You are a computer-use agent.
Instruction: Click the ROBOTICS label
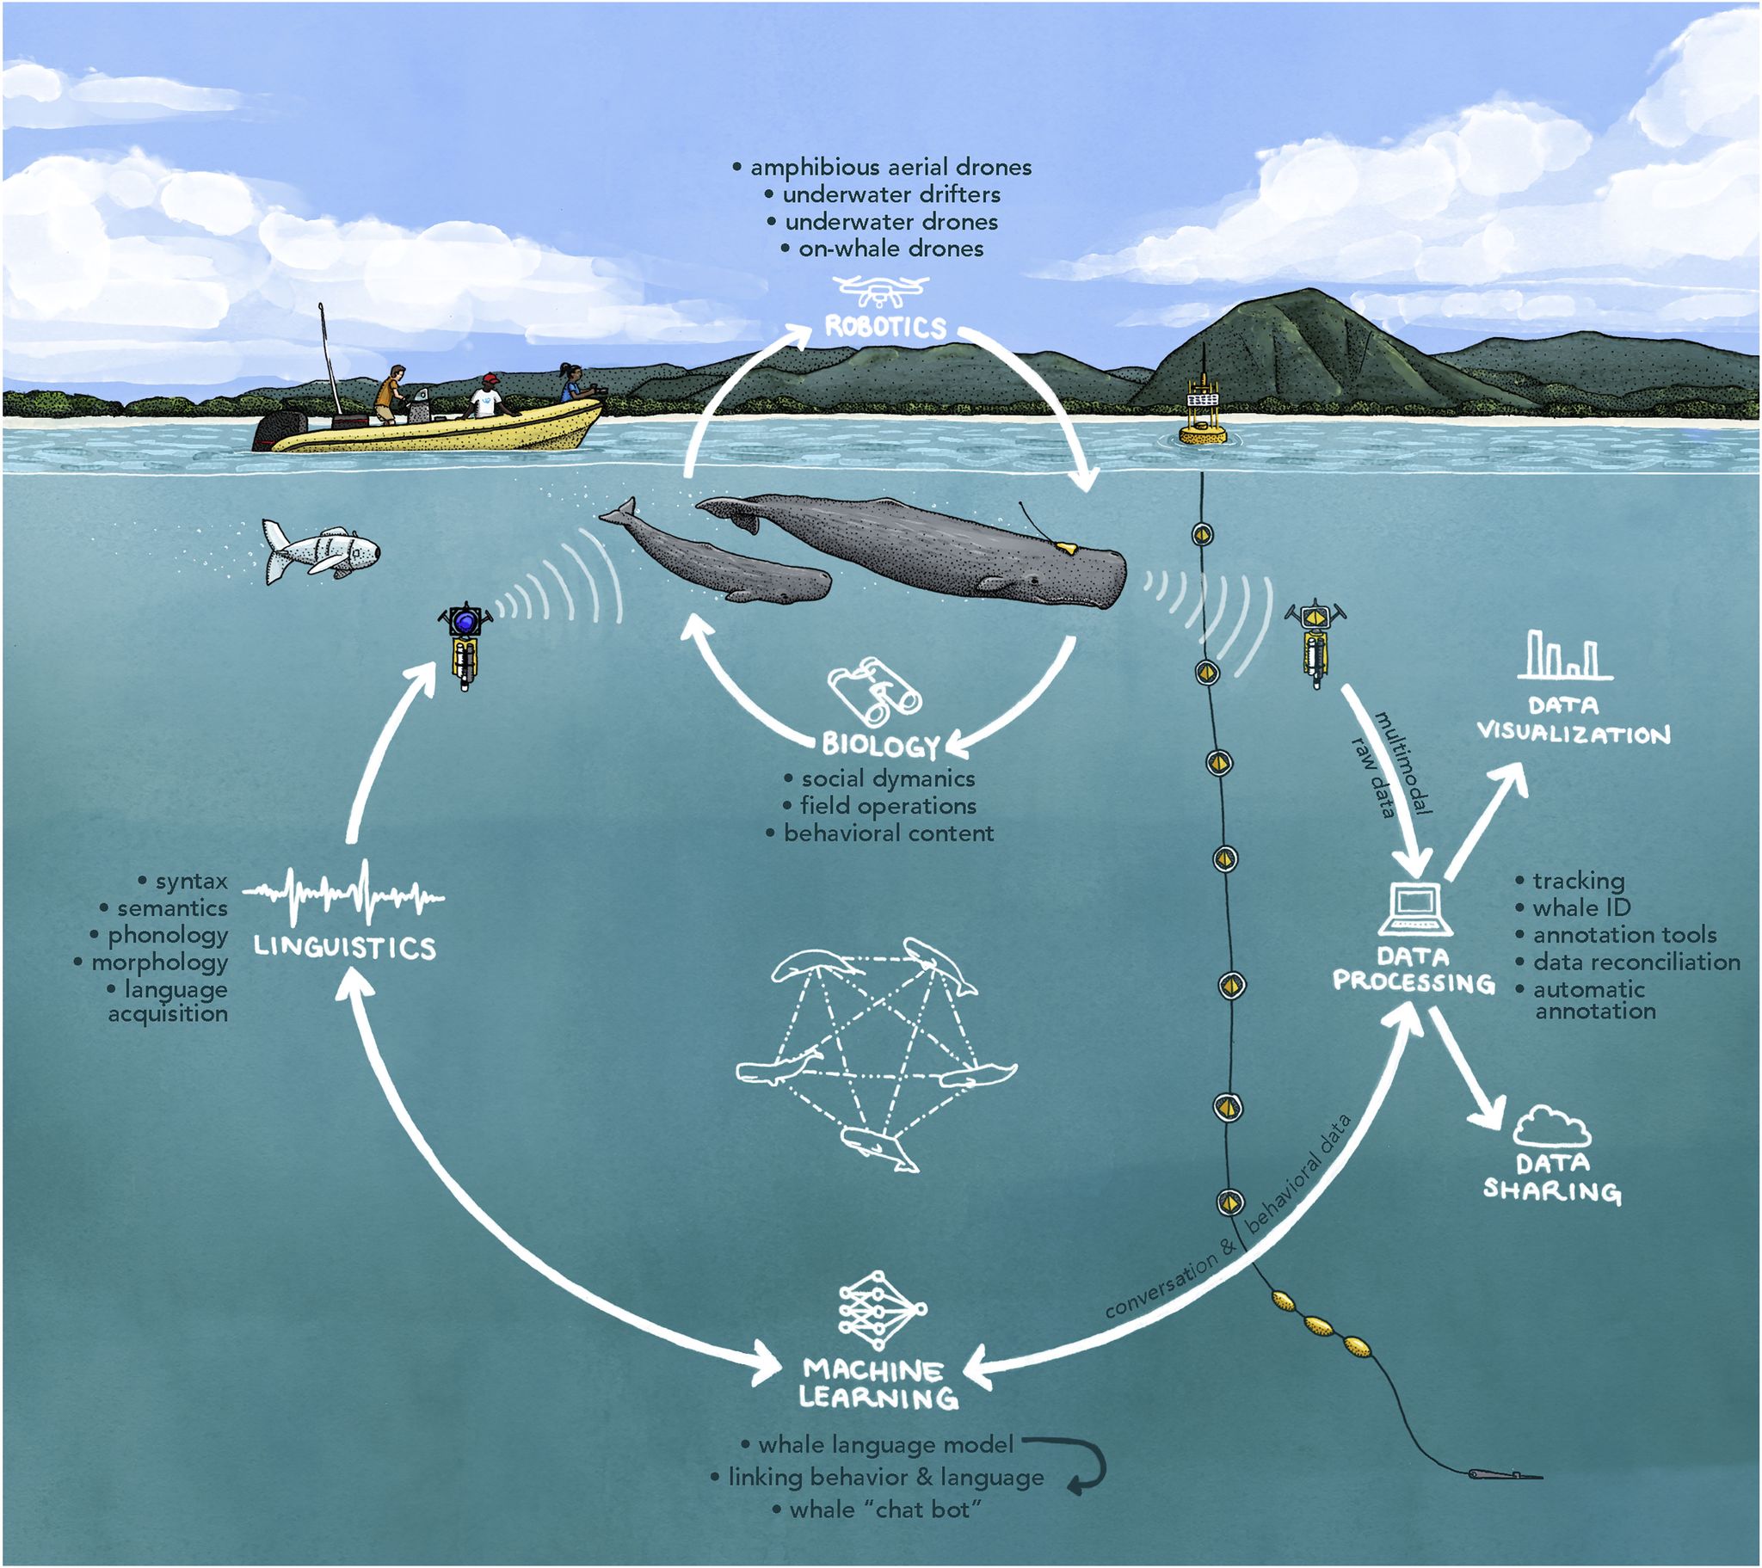pos(885,327)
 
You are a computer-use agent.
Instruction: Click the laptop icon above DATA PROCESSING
pos(1415,910)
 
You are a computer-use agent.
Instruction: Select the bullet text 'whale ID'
pos(1574,907)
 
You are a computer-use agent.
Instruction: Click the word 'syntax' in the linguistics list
pos(191,881)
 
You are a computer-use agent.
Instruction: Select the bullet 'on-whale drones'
pos(883,249)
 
